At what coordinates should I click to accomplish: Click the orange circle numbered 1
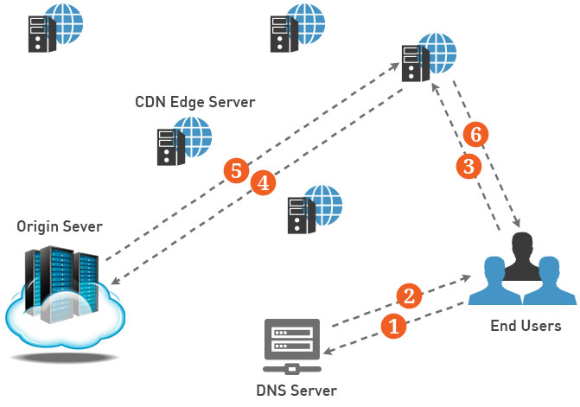(x=393, y=326)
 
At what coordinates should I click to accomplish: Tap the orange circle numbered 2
(x=409, y=296)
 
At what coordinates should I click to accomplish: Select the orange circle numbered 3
(x=468, y=166)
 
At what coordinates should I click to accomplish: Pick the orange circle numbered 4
(x=264, y=182)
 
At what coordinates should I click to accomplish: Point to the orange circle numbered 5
(x=236, y=170)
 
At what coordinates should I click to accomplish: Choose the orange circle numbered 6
(x=475, y=134)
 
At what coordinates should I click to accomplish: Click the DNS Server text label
(x=296, y=391)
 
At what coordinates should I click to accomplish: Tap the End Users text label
(x=526, y=326)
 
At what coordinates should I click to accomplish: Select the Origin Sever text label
(x=60, y=226)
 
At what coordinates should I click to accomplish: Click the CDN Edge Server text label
(x=195, y=102)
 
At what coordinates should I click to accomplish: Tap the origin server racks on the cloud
(x=61, y=283)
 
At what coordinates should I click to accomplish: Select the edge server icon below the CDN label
(x=184, y=141)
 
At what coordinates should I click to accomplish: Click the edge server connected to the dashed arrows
(x=429, y=58)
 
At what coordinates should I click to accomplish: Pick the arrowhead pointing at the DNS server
(x=328, y=351)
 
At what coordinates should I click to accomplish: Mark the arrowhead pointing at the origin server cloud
(x=115, y=281)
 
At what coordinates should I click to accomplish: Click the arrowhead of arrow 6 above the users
(x=516, y=223)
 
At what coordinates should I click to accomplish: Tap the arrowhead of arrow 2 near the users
(x=466, y=277)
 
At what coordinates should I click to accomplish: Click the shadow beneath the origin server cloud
(x=65, y=358)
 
